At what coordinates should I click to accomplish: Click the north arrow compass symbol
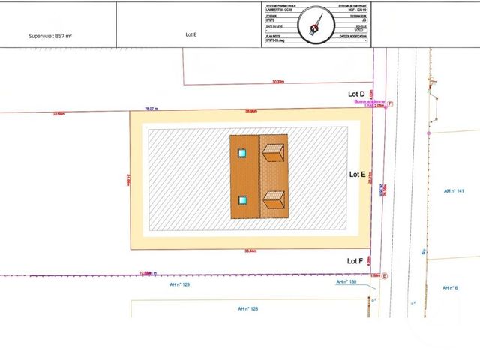point(315,25)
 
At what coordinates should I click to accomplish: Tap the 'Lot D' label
point(357,94)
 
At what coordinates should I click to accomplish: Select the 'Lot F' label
point(355,260)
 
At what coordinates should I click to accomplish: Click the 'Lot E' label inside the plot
point(358,173)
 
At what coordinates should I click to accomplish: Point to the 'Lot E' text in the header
point(190,34)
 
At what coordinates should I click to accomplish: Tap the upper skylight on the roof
point(242,153)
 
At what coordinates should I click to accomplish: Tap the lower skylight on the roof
point(242,200)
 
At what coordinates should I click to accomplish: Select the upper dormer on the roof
point(273,152)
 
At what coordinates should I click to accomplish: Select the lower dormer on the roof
point(274,200)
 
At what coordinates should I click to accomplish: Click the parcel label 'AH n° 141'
point(454,191)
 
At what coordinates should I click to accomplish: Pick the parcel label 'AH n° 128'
point(247,308)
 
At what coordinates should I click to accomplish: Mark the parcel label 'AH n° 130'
point(346,282)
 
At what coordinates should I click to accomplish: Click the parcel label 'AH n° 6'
point(449,288)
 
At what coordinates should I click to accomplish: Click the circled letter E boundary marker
point(385,276)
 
